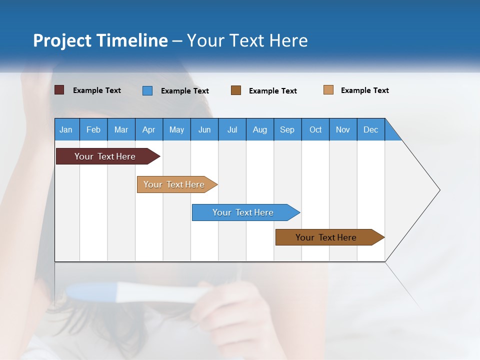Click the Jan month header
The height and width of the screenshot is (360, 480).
pos(66,129)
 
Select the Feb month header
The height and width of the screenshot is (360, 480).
pos(93,129)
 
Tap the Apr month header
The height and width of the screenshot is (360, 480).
pos(149,129)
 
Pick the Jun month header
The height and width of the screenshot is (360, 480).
pos(204,129)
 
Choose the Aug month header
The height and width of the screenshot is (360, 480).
pos(260,129)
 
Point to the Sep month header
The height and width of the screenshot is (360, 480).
pos(287,129)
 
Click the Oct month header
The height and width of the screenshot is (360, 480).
pos(315,129)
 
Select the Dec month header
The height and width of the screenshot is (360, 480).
pos(371,129)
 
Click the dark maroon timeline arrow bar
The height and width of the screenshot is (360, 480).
pos(105,156)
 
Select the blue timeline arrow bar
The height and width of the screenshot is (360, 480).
pos(243,212)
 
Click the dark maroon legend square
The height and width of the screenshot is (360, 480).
pos(59,90)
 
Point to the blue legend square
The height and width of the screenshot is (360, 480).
pos(147,90)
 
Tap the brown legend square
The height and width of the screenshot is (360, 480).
pos(236,90)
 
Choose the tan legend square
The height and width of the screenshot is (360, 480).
pos(328,90)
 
